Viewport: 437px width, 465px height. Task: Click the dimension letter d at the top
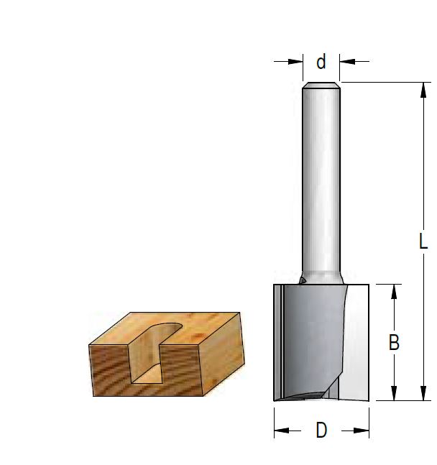(321, 63)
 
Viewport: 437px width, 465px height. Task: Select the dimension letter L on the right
(423, 241)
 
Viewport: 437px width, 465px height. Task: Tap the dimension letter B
(394, 343)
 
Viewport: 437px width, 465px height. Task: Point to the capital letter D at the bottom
(321, 431)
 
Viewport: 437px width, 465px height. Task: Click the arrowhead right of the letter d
(347, 62)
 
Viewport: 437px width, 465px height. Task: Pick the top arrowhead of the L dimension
(420, 88)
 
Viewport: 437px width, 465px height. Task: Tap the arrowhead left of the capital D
(280, 431)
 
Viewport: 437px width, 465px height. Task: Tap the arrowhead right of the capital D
(363, 431)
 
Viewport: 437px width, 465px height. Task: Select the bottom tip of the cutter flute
(302, 395)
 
